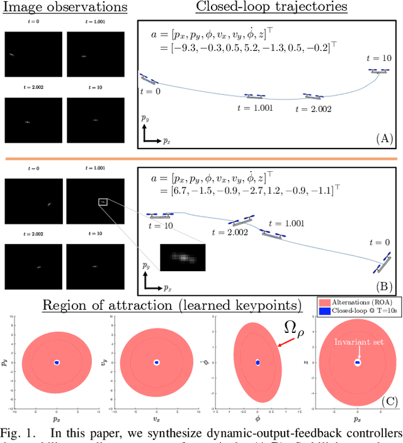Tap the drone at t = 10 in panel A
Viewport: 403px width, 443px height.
pyautogui.click(x=378, y=71)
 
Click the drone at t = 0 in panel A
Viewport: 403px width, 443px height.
pyautogui.click(x=149, y=79)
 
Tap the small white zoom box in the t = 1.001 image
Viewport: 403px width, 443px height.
pyautogui.click(x=103, y=201)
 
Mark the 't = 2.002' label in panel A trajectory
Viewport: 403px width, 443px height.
pyautogui.click(x=313, y=108)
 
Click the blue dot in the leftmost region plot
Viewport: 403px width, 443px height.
pyautogui.click(x=57, y=362)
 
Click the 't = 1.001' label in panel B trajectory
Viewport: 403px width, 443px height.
pyautogui.click(x=287, y=223)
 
